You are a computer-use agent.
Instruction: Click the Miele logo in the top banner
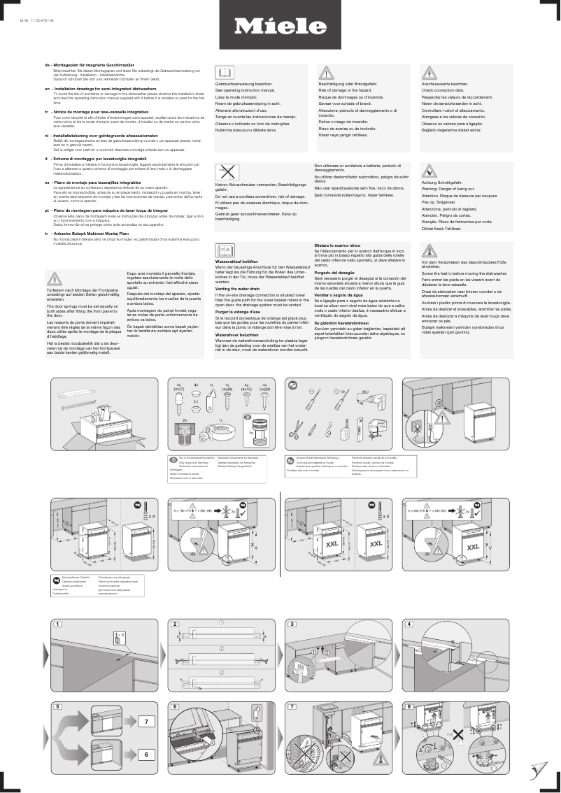coord(280,27)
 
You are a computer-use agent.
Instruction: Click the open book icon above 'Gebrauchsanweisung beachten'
coord(224,73)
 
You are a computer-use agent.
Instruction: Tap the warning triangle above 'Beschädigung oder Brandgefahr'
coord(325,73)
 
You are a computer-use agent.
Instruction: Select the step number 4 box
coord(409,624)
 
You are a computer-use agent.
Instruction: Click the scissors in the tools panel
coord(297,425)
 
